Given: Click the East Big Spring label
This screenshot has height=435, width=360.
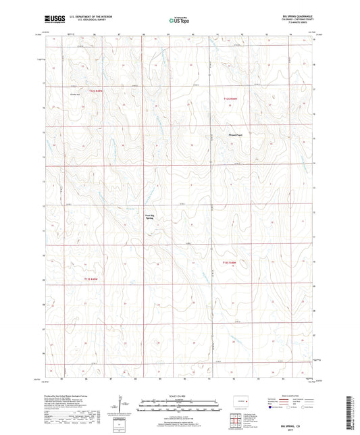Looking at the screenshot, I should coord(151,217).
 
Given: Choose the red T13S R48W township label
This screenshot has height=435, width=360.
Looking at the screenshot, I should coord(229,262).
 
